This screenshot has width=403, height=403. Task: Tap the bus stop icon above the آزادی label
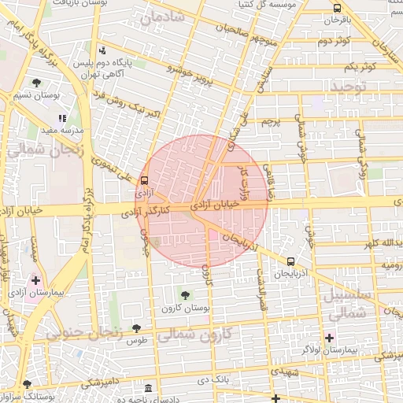[144, 180]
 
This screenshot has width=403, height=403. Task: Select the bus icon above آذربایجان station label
[291, 262]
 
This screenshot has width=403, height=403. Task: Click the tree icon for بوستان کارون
[185, 296]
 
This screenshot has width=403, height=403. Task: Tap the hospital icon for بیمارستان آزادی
[35, 279]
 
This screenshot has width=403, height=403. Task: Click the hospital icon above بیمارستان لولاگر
[329, 338]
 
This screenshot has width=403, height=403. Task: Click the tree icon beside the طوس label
[137, 328]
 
